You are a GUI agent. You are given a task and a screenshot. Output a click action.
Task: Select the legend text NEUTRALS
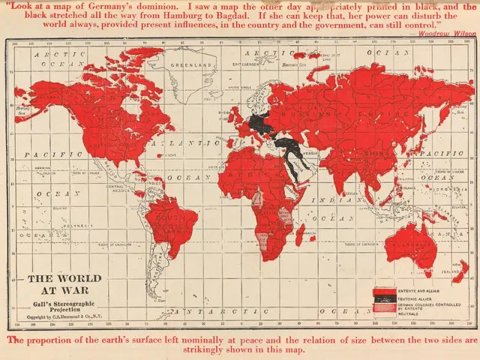pyautogui.click(x=409, y=313)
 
